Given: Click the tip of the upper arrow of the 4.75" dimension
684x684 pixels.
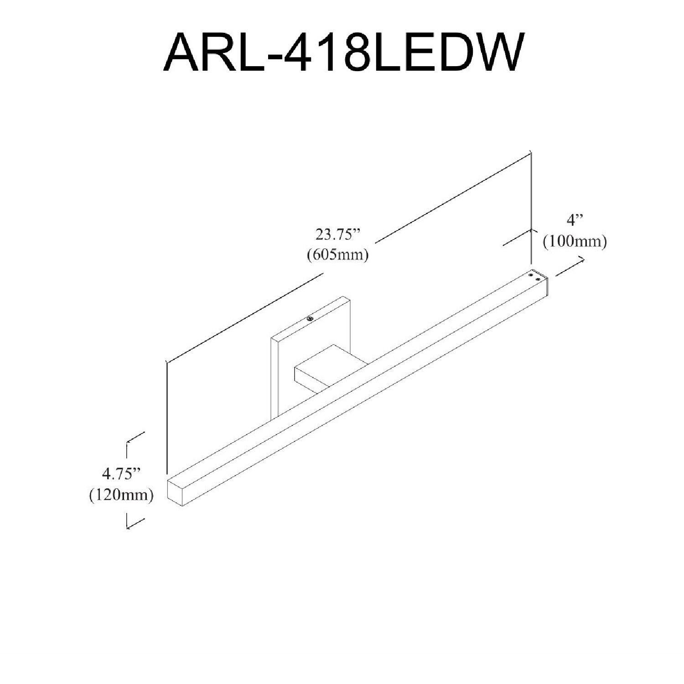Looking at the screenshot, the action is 127,441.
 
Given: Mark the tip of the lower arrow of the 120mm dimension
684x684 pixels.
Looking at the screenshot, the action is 127,528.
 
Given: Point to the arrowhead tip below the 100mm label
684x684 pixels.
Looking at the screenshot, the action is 585,258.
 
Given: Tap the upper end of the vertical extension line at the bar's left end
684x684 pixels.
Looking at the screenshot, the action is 167,361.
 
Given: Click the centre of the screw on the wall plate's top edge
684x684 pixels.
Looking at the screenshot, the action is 310,319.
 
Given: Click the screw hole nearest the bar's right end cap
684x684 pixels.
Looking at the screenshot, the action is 539,279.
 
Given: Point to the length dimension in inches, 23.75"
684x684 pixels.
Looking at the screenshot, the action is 338,235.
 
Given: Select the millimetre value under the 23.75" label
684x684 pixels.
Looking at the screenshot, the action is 338,254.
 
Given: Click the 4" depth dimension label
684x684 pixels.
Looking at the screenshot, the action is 575,221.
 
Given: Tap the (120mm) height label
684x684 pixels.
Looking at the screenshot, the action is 121,495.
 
